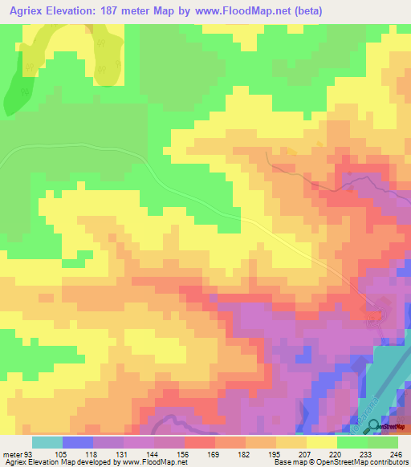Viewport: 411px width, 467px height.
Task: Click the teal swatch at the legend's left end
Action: coord(47,442)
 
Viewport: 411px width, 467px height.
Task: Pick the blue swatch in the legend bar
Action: coord(77,442)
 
